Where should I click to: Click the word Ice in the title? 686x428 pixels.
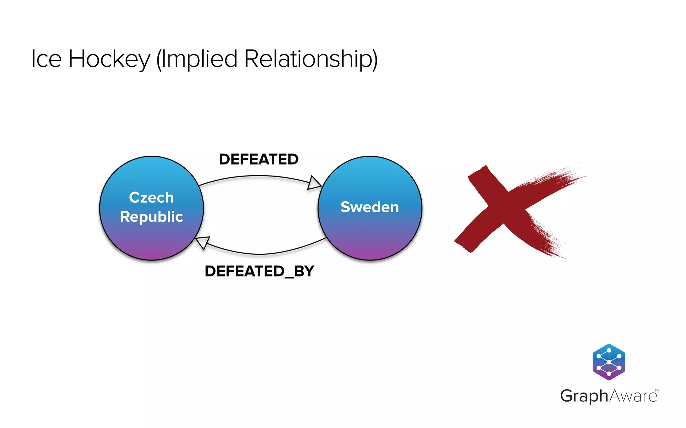46,59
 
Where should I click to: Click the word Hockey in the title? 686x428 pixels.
109,60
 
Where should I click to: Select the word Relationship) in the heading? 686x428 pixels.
311,60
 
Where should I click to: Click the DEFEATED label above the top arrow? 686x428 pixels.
258,159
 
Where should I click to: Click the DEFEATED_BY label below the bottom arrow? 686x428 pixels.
259,271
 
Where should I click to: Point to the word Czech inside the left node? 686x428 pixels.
151,197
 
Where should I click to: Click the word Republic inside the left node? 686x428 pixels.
151,217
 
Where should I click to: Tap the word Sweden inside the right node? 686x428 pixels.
369,207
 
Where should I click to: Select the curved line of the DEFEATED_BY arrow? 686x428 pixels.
261,254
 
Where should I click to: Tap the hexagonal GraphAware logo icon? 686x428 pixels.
609,362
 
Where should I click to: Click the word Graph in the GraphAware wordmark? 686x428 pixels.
584,396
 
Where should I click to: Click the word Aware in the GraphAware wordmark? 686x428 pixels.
633,396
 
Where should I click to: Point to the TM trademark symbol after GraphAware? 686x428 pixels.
657,390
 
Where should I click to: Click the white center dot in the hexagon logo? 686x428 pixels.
609,362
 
